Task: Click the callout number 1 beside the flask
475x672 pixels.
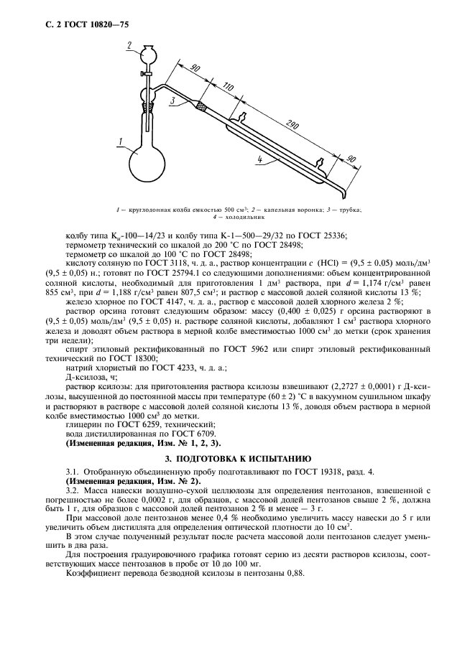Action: click(123, 141)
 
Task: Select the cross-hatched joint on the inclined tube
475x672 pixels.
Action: click(201, 106)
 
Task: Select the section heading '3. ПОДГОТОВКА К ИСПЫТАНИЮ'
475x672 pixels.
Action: click(238, 456)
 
